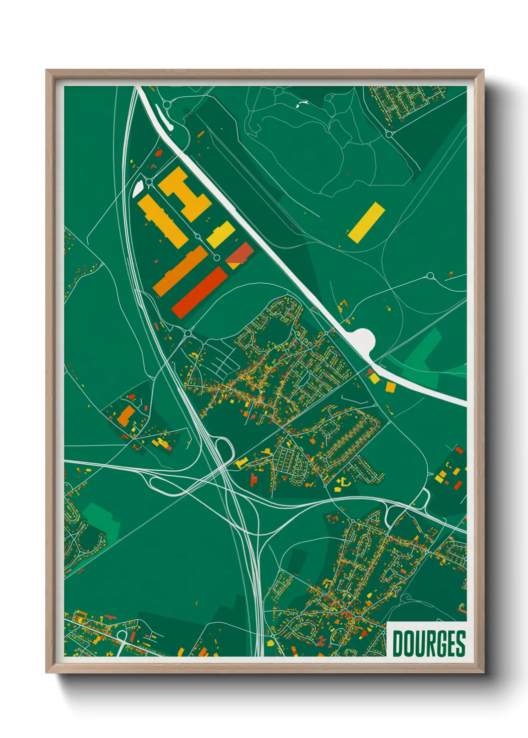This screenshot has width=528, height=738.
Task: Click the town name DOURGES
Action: (x=429, y=644)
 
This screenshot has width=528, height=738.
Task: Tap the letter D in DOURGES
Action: (x=398, y=644)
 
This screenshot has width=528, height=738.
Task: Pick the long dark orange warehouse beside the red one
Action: (x=181, y=270)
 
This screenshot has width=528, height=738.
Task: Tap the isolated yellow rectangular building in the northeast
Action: (x=366, y=222)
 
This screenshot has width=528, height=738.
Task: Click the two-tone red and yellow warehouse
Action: (x=240, y=255)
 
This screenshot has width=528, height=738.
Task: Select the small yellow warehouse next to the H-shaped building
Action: (x=221, y=234)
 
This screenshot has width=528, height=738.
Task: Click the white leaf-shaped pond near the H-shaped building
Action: (x=138, y=187)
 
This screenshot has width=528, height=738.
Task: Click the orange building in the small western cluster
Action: (x=126, y=415)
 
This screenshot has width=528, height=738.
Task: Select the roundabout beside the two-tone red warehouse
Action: (x=217, y=257)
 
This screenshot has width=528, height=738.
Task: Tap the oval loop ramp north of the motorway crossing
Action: (x=224, y=447)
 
